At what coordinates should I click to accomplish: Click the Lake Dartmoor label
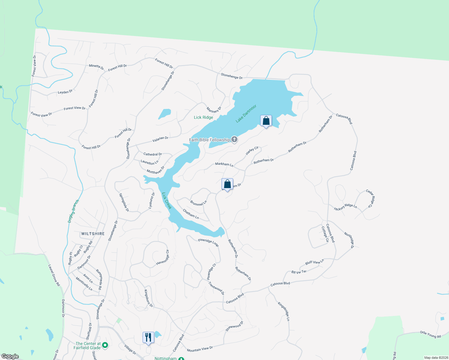(x=246, y=114)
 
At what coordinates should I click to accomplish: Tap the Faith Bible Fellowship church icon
(x=234, y=139)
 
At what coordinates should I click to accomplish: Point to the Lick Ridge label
(x=203, y=117)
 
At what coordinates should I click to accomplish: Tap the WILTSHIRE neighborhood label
(x=93, y=234)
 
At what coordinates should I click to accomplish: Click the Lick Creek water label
(x=167, y=201)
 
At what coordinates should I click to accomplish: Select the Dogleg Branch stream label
(x=73, y=211)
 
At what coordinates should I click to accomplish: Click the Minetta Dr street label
(x=96, y=67)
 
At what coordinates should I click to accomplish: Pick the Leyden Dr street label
(x=65, y=92)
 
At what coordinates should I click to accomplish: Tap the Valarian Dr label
(x=160, y=138)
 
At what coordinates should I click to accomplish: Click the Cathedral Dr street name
(x=152, y=154)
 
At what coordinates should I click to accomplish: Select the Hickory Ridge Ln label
(x=345, y=207)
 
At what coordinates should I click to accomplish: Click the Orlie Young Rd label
(x=430, y=334)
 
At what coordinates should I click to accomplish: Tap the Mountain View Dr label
(x=200, y=349)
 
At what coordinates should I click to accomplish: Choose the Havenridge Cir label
(x=163, y=258)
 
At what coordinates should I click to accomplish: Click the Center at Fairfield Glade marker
(x=105, y=346)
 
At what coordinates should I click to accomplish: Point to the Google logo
(x=10, y=356)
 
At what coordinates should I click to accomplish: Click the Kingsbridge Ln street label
(x=284, y=311)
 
